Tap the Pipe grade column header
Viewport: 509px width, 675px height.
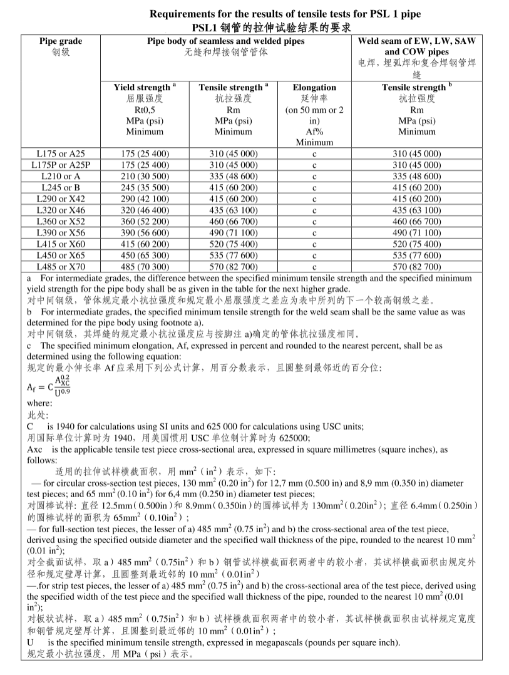[61, 41]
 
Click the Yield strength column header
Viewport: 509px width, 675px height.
[145, 88]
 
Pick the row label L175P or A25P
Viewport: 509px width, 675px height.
[61, 165]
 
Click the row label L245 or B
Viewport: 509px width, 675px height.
[61, 187]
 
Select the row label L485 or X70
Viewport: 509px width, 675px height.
[61, 267]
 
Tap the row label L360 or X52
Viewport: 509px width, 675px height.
[61, 221]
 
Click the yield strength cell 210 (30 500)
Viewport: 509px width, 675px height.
[145, 176]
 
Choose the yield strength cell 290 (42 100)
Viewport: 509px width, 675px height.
[145, 198]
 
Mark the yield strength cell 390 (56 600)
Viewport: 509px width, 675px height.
[145, 232]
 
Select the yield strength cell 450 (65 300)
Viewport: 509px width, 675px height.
[145, 255]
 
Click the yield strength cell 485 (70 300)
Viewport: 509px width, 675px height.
[145, 267]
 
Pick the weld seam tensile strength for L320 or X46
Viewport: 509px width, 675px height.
[416, 210]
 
